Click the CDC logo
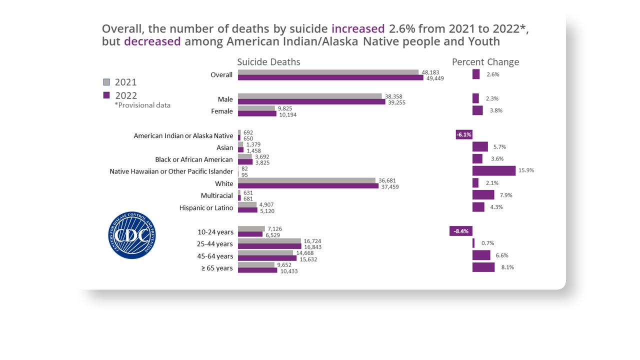[x=132, y=235]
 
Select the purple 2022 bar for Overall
[x=330, y=77]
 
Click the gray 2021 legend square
[x=106, y=82]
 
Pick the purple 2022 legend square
[x=106, y=95]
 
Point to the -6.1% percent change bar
[x=464, y=134]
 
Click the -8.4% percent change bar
[x=461, y=231]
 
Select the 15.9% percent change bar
[x=493, y=170]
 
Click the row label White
[x=224, y=183]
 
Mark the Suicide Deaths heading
[x=268, y=62]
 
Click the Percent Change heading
[x=485, y=62]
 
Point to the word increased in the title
[x=358, y=28]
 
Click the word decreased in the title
[x=152, y=41]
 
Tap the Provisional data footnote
[x=142, y=105]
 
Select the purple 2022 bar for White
[x=308, y=186]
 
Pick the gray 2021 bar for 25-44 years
[x=269, y=241]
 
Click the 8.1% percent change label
[x=507, y=267]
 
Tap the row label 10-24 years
[x=215, y=232]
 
